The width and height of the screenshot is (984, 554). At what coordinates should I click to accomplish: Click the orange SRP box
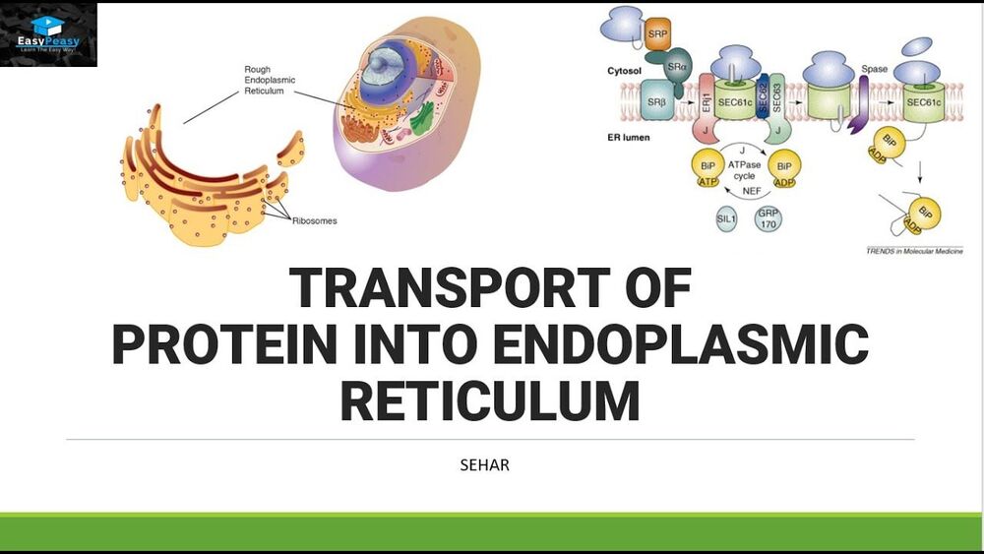pyautogui.click(x=658, y=34)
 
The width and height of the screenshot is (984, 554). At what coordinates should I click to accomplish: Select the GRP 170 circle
pyautogui.click(x=769, y=218)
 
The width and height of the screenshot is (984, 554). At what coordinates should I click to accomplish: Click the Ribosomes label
pyautogui.click(x=314, y=220)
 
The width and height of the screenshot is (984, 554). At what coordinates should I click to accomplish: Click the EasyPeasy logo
pyautogui.click(x=49, y=34)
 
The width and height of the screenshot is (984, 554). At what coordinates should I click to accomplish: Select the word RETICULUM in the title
pyautogui.click(x=490, y=400)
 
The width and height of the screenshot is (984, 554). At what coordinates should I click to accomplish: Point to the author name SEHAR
pyautogui.click(x=485, y=464)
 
